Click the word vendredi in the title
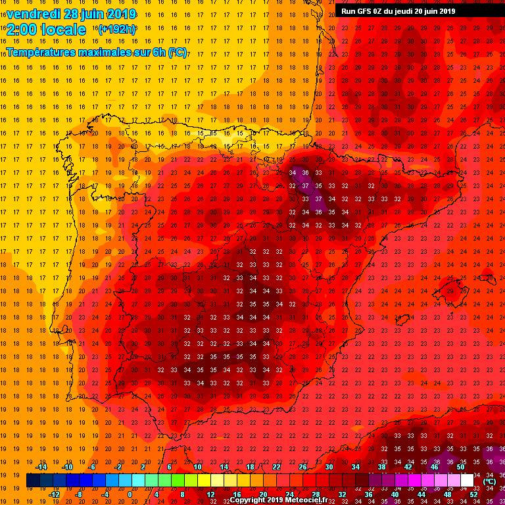pos(33,14)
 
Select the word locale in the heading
pos(64,30)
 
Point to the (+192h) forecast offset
pos(116,30)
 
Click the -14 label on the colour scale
pos(41,467)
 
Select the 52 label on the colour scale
pos(474,494)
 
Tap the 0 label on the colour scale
pos(130,494)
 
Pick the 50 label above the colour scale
pos(460,467)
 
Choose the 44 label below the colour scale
pos(421,494)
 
